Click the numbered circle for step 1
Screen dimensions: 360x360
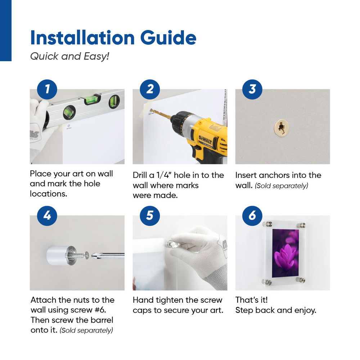47,89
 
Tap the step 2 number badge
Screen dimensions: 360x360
150,89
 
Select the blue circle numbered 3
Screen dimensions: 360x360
252,89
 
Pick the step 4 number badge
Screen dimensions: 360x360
47,216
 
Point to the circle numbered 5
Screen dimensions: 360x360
150,216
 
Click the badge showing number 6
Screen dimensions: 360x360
252,216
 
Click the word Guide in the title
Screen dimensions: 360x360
168,38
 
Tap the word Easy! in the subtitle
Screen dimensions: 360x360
96,57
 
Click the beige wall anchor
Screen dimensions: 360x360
282,128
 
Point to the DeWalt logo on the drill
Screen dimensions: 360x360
206,140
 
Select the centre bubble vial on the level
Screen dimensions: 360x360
92,99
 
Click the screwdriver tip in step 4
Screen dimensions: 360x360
93,255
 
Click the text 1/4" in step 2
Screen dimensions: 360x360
163,175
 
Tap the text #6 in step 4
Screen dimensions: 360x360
100,310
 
